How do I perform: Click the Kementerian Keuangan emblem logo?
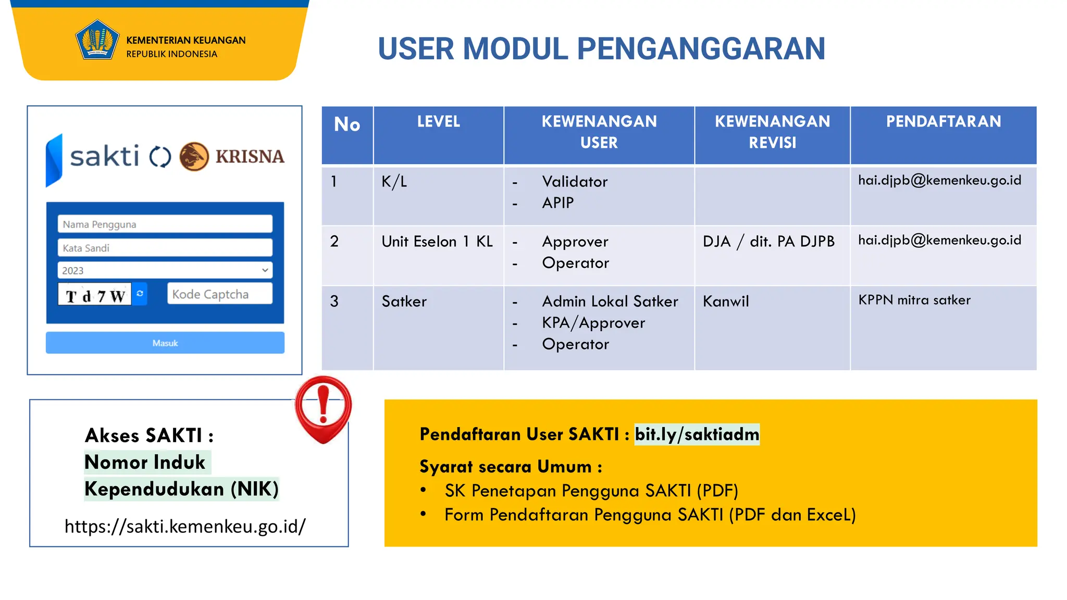(96, 40)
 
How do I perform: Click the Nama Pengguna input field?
(165, 224)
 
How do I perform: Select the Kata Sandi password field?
(165, 248)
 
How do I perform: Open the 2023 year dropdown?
(165, 270)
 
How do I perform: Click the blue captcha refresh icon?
(140, 294)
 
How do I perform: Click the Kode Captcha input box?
(219, 294)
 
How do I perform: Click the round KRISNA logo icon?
(194, 156)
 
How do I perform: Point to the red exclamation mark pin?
(323, 409)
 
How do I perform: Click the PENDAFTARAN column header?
(943, 122)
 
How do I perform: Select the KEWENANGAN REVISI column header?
(772, 132)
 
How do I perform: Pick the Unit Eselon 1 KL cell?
(437, 242)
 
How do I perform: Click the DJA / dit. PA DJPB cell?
(768, 242)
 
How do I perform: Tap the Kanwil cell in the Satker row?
(725, 302)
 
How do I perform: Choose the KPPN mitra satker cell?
(914, 301)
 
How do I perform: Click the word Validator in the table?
(574, 182)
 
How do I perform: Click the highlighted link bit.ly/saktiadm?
(697, 434)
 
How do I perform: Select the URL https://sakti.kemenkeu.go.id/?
(185, 527)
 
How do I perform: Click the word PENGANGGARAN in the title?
(701, 49)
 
